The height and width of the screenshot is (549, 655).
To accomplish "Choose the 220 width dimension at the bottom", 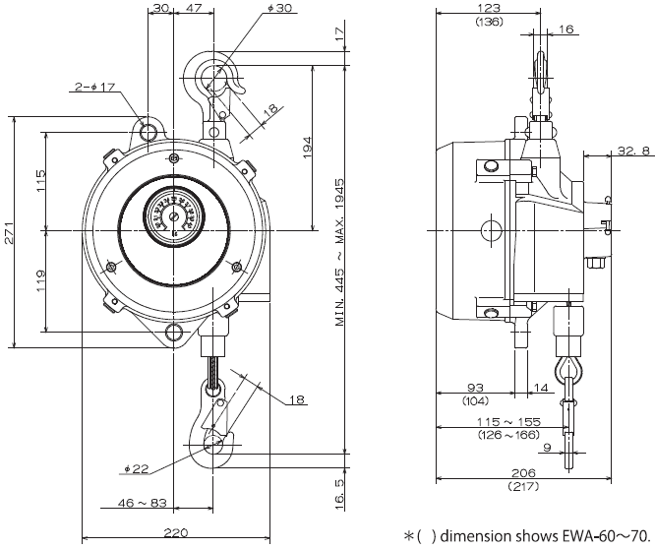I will tap(176, 531).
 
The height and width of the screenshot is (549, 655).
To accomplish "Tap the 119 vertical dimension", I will tap(41, 282).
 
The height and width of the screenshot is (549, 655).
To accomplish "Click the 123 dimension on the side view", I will tap(488, 9).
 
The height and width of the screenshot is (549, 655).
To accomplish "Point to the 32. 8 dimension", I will tap(632, 151).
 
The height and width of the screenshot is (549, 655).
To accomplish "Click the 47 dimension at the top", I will tap(194, 9).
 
